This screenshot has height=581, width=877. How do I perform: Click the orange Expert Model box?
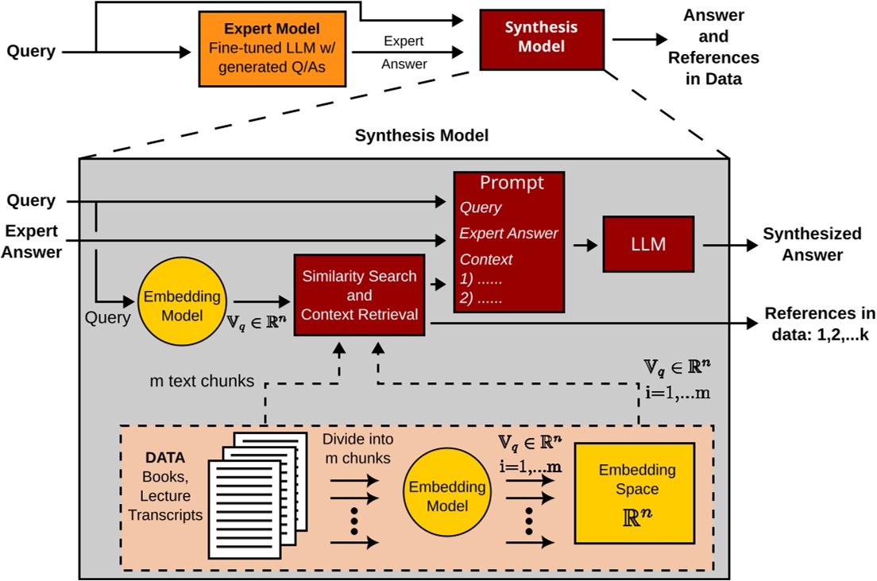tap(272, 49)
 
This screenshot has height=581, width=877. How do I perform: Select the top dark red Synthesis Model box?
tap(541, 37)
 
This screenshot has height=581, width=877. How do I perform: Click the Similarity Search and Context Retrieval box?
tap(359, 296)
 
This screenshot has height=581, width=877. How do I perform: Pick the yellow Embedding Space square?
tap(634, 493)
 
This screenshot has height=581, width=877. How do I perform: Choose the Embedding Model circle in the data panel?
tap(441, 497)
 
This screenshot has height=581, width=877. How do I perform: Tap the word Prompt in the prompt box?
tap(512, 184)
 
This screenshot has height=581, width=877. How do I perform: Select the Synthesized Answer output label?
tap(801, 244)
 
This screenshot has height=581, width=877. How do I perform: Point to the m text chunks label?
tap(201, 382)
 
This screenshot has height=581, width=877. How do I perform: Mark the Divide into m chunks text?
tap(357, 449)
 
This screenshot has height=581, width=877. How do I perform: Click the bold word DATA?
tap(165, 459)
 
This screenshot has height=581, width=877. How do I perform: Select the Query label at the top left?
tap(31, 52)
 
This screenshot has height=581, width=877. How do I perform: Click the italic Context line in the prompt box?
tap(486, 259)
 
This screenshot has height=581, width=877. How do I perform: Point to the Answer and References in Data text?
tap(713, 48)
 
